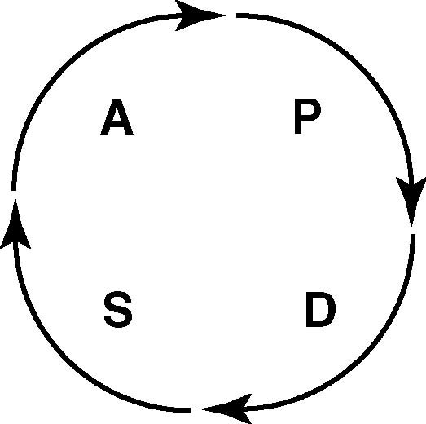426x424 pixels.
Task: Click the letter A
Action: (x=116, y=117)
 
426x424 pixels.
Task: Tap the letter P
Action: (x=308, y=117)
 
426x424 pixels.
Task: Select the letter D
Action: (x=321, y=310)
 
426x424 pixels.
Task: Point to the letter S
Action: (x=118, y=309)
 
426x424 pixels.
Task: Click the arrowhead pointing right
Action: (x=200, y=15)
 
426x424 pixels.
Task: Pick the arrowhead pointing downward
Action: (x=411, y=201)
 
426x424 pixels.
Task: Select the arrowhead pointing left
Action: (x=227, y=409)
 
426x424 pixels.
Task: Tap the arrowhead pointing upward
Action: (x=15, y=223)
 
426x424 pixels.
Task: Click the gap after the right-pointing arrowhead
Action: (x=231, y=15)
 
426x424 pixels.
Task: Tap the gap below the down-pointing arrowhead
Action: (x=412, y=231)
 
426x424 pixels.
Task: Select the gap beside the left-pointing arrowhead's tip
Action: (x=195, y=409)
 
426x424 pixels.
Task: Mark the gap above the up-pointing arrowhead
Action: (x=14, y=195)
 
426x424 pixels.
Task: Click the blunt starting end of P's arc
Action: (x=237, y=15)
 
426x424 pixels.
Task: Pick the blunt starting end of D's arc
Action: (x=413, y=235)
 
